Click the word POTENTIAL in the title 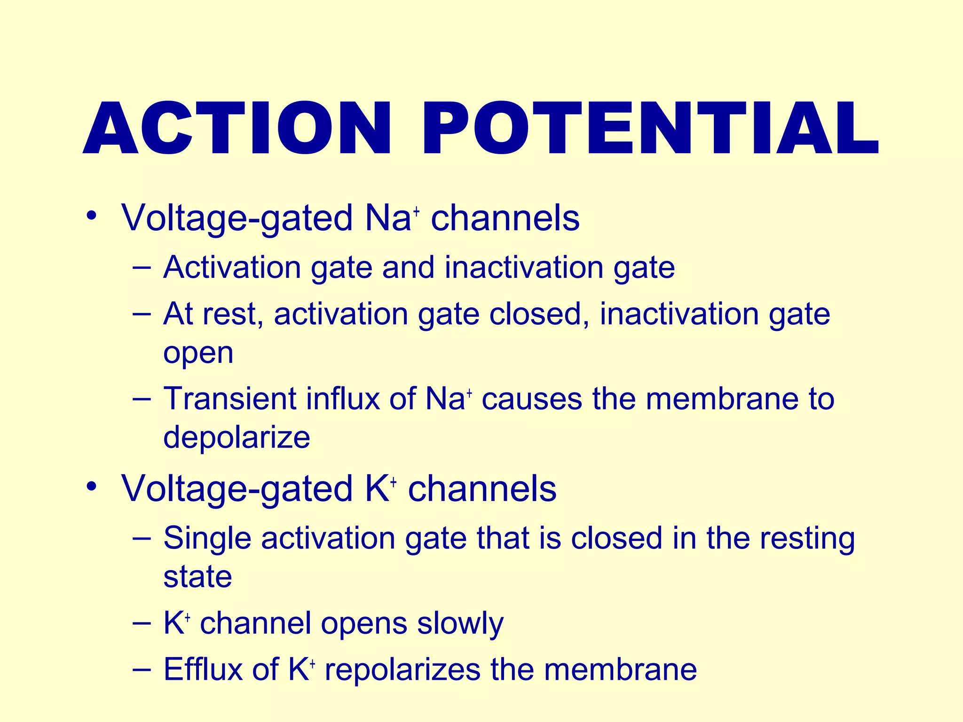coord(650,128)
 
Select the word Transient coord(230,399)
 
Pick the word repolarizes coord(402,669)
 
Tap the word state coord(197,577)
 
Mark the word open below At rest coord(198,353)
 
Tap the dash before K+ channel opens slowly coord(142,623)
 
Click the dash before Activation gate coord(142,267)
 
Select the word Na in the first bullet coord(388,218)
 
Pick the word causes coord(531,399)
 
